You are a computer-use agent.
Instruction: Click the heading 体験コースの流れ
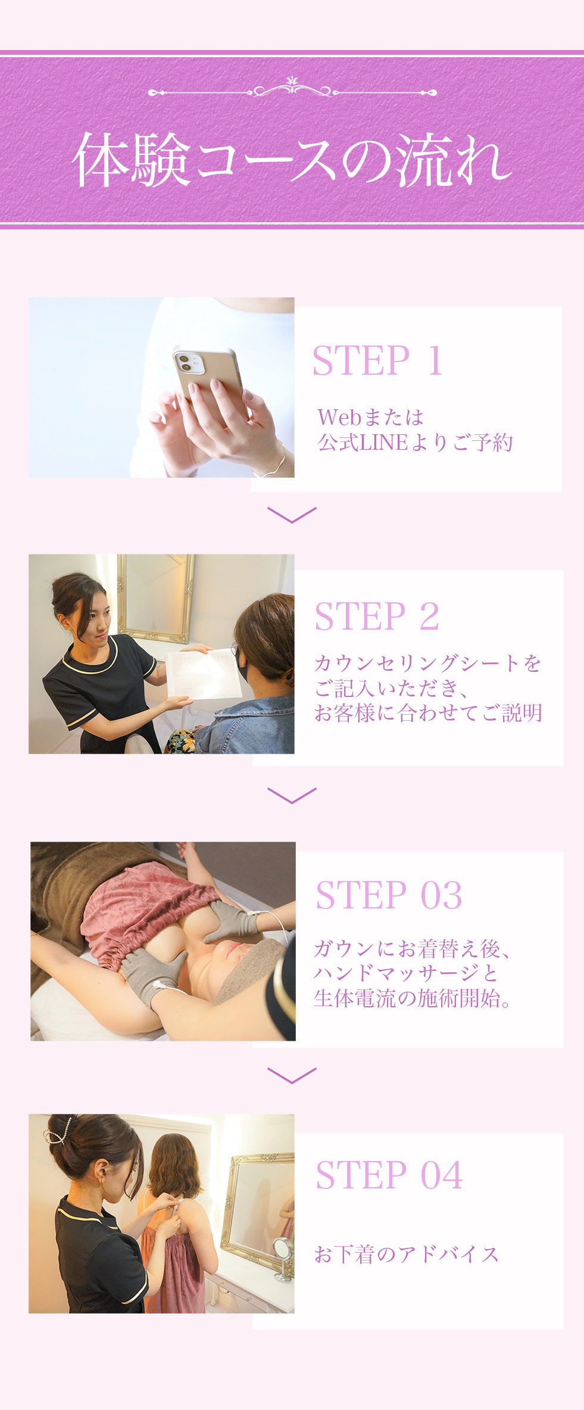click(x=292, y=159)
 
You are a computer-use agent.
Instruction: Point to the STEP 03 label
click(x=388, y=895)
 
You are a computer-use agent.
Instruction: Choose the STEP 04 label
click(x=389, y=1175)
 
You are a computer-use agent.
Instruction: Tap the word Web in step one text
click(x=339, y=417)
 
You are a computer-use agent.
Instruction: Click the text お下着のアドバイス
click(x=406, y=1255)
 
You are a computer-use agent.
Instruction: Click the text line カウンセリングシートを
click(x=427, y=663)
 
